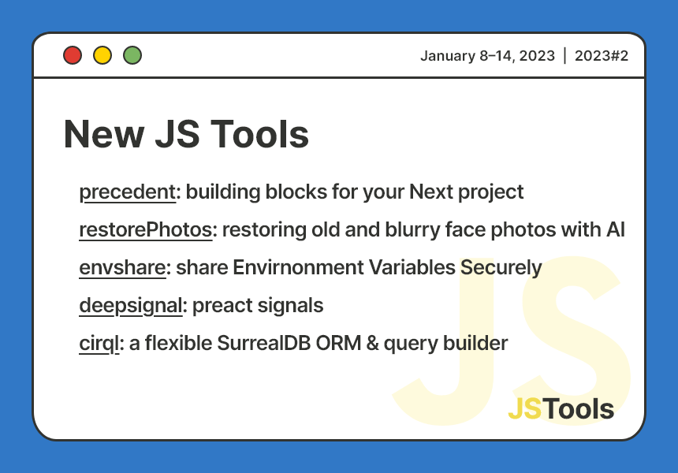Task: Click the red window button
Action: [x=73, y=55]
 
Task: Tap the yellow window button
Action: [x=102, y=55]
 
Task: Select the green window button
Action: [x=132, y=55]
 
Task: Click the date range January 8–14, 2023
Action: [x=487, y=56]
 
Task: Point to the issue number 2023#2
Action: [x=601, y=56]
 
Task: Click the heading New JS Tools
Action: [x=186, y=134]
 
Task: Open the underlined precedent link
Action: [x=127, y=192]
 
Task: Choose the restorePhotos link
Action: [x=146, y=229]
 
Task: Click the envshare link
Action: [x=122, y=267]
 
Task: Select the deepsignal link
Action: [x=131, y=305]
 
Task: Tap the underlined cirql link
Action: [x=99, y=343]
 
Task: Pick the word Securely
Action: [x=501, y=267]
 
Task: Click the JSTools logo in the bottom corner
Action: [x=561, y=408]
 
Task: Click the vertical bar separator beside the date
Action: [x=564, y=56]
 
